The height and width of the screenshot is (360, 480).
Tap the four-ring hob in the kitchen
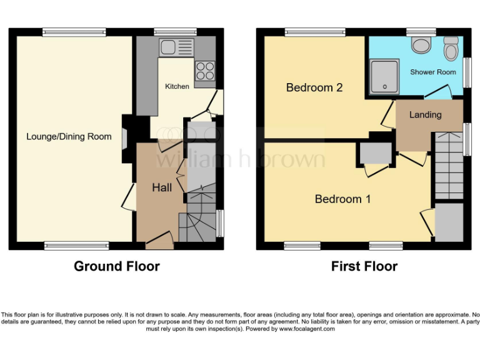click(x=204, y=68)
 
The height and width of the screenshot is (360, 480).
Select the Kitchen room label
click(x=177, y=86)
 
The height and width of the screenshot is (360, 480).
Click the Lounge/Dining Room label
click(x=69, y=136)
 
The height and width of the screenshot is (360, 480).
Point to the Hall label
click(x=162, y=187)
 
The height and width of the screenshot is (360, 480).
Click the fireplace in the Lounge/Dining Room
click(x=125, y=138)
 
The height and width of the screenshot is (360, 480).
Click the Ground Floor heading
click(x=117, y=266)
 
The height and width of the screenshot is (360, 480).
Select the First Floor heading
click(x=364, y=266)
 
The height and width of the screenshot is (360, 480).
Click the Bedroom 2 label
click(x=314, y=87)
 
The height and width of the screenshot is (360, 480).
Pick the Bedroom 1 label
click(x=342, y=199)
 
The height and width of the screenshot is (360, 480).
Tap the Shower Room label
click(x=433, y=72)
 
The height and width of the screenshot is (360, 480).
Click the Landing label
click(x=425, y=114)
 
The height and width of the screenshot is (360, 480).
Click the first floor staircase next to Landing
click(x=449, y=165)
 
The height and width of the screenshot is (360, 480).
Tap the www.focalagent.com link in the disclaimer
click(x=307, y=329)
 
